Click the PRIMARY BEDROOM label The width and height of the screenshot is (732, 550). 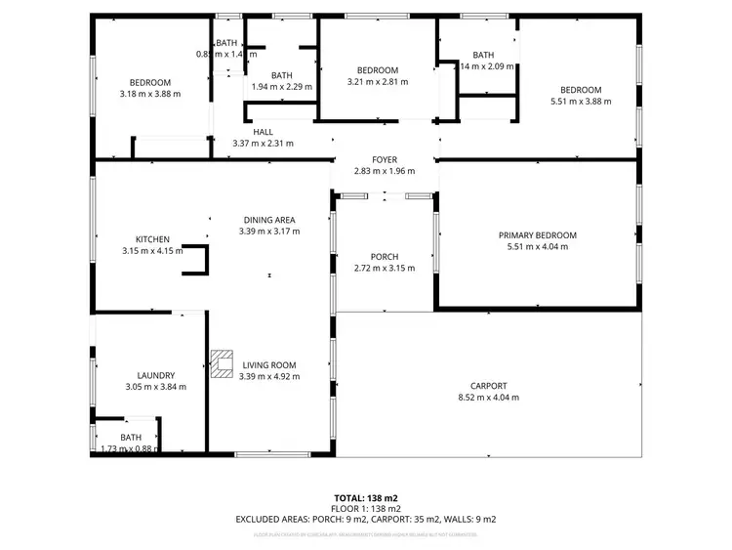point(537,235)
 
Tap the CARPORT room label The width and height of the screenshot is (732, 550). point(488,386)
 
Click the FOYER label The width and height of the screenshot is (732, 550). point(384,159)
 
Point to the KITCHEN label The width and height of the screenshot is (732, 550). point(152,239)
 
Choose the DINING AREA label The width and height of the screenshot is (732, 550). point(268,220)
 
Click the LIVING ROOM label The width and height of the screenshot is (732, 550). point(268,364)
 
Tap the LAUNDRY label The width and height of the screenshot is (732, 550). point(156,375)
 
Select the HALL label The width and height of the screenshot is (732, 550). point(263,132)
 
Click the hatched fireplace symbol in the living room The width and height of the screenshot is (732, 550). point(222,362)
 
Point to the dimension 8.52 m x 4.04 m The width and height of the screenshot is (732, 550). point(488,398)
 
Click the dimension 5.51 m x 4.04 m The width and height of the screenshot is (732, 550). point(537,247)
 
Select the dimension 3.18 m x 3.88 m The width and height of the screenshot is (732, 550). point(150,94)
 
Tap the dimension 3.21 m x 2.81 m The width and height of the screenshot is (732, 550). point(377,82)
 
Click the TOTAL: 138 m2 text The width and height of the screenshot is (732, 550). point(366,497)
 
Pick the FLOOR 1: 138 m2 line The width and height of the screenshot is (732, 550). point(366,509)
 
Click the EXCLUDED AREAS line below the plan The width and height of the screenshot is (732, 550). point(366,520)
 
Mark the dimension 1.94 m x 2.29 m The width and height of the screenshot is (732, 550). point(282,87)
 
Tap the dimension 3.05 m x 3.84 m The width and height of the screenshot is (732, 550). point(156,387)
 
